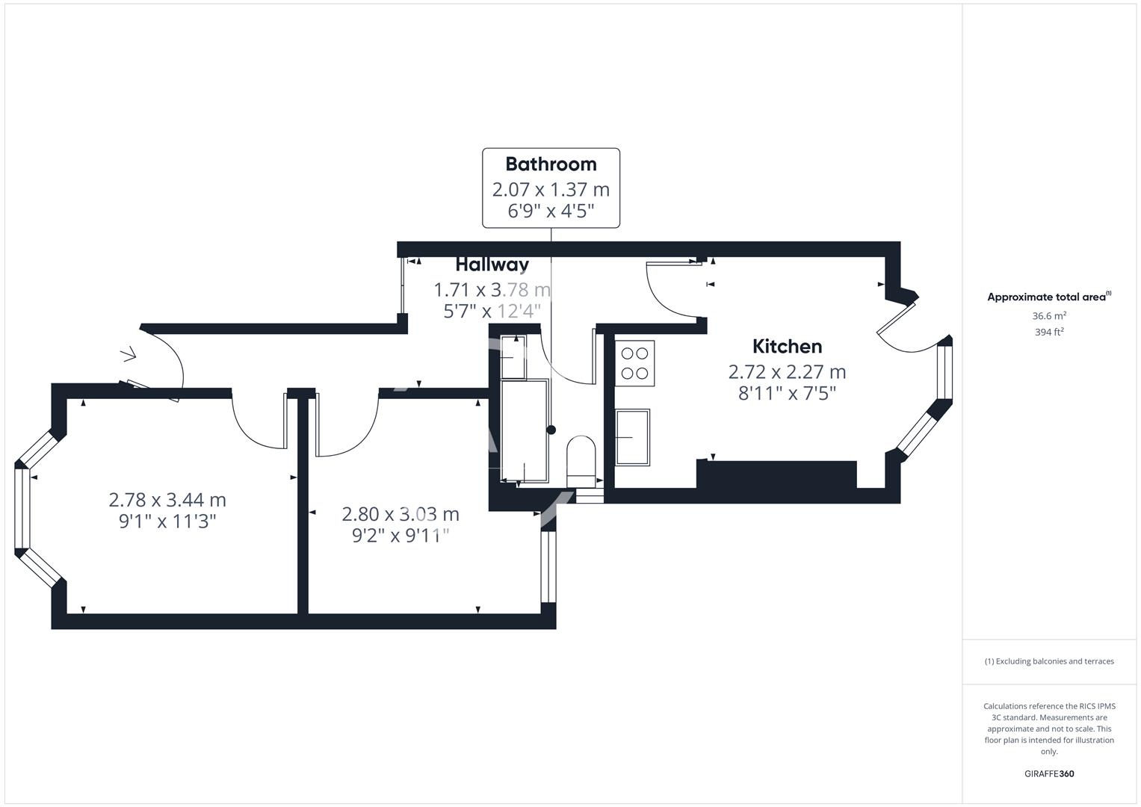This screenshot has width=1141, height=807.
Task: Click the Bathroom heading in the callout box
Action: click(x=551, y=164)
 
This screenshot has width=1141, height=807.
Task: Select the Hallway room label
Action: click(x=492, y=265)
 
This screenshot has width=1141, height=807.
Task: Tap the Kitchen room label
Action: click(x=787, y=347)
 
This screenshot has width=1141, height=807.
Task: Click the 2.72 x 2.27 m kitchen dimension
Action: click(x=787, y=372)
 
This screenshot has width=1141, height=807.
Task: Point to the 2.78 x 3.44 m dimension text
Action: click(x=167, y=500)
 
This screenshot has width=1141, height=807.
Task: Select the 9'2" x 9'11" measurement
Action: click(x=401, y=536)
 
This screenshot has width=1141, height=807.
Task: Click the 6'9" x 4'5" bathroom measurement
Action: click(x=551, y=211)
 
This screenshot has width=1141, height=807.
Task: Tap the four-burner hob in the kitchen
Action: click(x=634, y=363)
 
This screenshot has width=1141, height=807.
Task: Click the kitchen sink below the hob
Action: click(x=632, y=437)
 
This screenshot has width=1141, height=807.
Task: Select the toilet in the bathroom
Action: click(x=581, y=460)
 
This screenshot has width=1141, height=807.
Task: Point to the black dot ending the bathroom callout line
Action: click(x=551, y=430)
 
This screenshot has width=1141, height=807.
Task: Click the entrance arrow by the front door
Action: click(x=129, y=353)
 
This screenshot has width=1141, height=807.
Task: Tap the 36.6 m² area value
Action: click(x=1049, y=316)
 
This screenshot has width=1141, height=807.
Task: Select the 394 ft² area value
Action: click(x=1049, y=333)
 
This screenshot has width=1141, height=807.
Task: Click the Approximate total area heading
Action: click(x=1048, y=297)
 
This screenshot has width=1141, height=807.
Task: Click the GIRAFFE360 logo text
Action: click(x=1049, y=773)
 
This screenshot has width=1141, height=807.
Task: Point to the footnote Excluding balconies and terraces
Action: click(x=1049, y=661)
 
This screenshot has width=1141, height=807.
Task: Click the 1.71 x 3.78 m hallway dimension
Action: click(x=492, y=290)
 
